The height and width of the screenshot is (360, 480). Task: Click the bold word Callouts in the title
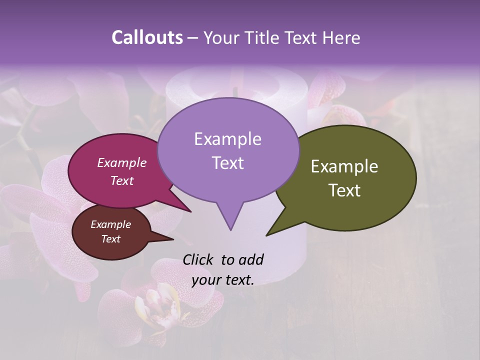pos(147,37)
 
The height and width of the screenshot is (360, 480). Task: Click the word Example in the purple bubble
pos(227,139)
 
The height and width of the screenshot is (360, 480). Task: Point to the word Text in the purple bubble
pos(227,163)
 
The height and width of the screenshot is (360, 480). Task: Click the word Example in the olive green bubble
pos(344,166)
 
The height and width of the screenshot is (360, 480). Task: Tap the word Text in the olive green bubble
pos(344,190)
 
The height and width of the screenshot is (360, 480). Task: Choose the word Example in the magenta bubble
pos(121,162)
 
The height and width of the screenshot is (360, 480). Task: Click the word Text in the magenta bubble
pos(121,180)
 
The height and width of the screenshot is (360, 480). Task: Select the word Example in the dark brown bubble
pos(110,224)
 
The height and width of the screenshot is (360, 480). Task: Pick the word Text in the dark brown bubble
pos(110,239)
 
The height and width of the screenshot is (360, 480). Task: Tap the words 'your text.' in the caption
pos(222,280)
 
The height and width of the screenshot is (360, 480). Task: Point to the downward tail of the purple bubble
pos(230,222)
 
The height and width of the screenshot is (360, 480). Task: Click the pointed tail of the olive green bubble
pos(272,231)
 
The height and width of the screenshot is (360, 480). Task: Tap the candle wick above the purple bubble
pos(235,92)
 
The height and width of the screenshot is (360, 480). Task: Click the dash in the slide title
pos(193,38)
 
